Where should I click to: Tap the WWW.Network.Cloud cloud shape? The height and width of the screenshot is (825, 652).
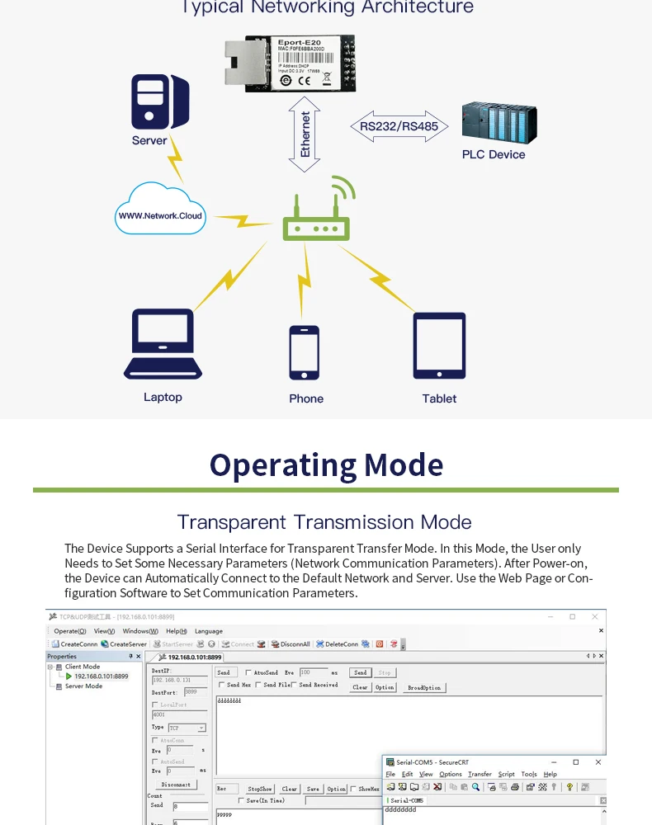[x=160, y=210]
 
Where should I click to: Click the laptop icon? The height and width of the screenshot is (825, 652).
[x=163, y=345]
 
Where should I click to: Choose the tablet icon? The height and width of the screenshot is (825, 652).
[x=439, y=346]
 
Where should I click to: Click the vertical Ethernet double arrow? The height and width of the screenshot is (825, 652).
[x=305, y=134]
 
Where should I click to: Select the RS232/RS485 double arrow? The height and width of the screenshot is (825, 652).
[x=399, y=127]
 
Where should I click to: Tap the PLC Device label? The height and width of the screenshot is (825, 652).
[x=494, y=154]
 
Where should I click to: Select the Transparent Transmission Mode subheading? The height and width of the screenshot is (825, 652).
[x=324, y=522]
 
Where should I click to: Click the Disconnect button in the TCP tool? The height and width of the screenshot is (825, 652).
[x=176, y=785]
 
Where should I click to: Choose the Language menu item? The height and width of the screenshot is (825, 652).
[x=209, y=631]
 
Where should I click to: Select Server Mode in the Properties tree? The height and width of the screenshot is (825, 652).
[x=83, y=686]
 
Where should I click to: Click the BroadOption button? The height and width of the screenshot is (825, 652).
[x=424, y=687]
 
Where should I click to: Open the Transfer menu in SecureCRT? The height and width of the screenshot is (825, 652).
[x=480, y=775]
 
